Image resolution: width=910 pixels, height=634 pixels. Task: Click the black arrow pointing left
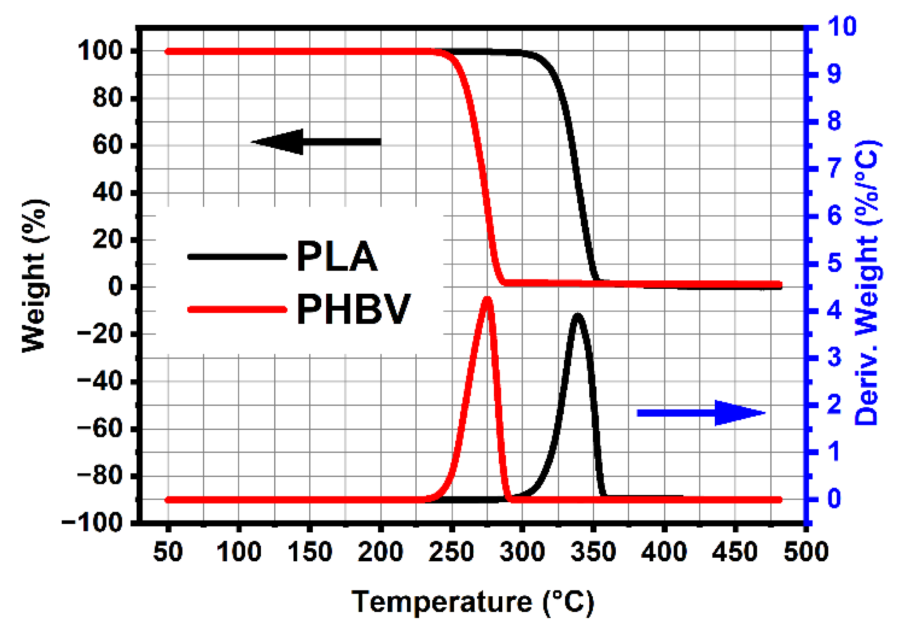315,142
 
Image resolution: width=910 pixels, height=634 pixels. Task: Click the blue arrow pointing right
701,413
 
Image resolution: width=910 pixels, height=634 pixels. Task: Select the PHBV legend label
353,309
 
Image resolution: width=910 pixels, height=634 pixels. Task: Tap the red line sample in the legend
237,309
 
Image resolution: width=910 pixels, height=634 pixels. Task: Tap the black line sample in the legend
237,256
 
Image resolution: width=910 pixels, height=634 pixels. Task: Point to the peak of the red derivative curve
488,299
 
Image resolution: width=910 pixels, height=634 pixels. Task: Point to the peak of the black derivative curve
577,315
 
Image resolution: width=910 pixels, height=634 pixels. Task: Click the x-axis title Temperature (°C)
473,602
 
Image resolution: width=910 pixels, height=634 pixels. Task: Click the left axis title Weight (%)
34,276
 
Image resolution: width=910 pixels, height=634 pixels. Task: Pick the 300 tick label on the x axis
522,552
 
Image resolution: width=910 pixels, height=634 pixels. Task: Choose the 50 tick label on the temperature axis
168,552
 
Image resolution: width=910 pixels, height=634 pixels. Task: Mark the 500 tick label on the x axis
806,552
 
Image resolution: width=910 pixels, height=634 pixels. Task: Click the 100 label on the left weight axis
99,51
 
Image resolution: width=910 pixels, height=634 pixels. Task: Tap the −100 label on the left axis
92,523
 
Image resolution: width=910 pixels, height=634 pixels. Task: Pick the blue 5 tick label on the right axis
834,263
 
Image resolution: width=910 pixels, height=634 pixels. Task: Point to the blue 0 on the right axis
834,499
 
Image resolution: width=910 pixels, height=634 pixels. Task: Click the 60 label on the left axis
107,145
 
